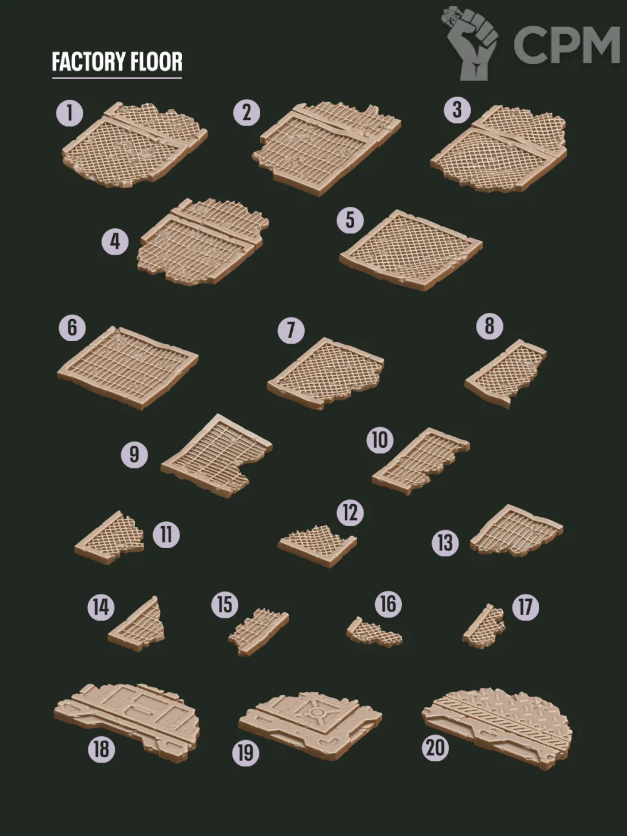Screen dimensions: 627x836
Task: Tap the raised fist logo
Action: click(x=470, y=43)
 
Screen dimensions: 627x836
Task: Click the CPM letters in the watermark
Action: click(x=566, y=45)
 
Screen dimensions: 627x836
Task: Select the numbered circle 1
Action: click(x=70, y=113)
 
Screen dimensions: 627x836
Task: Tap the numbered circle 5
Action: click(x=350, y=220)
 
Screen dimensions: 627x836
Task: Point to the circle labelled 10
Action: click(x=380, y=440)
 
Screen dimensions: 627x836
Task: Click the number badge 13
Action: click(x=445, y=542)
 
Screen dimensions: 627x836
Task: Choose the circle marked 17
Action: click(x=525, y=607)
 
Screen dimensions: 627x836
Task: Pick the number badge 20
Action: click(x=436, y=748)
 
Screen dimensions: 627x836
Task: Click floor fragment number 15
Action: click(x=259, y=631)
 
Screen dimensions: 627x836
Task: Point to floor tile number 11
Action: click(x=110, y=538)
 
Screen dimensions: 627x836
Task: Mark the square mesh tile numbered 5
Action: click(x=411, y=250)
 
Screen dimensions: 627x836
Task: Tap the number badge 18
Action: click(x=102, y=749)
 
